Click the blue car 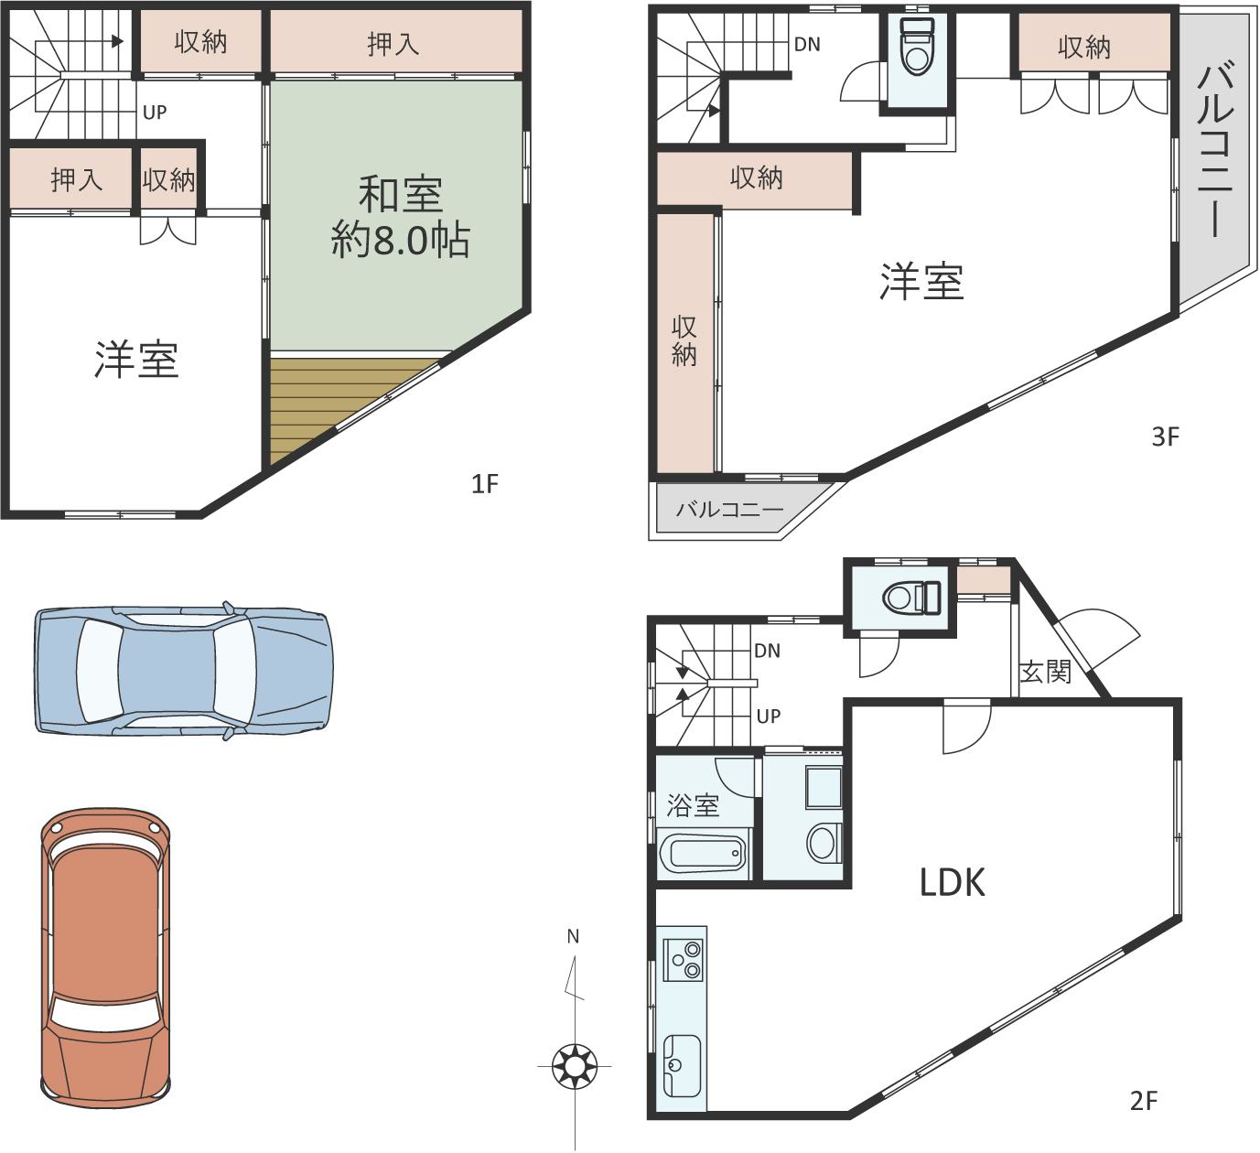coord(183,671)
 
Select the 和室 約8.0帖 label coord(401,218)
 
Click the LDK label coord(952,883)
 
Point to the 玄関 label coord(1045,673)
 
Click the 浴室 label coord(693,805)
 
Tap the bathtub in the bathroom coord(704,853)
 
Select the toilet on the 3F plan coord(917,47)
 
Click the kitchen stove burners coord(686,960)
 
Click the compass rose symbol coord(574,1066)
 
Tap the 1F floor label coord(485,484)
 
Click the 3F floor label coord(1165,436)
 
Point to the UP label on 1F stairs coord(155,113)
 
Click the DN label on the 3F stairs coord(807,45)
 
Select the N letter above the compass coord(573,937)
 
